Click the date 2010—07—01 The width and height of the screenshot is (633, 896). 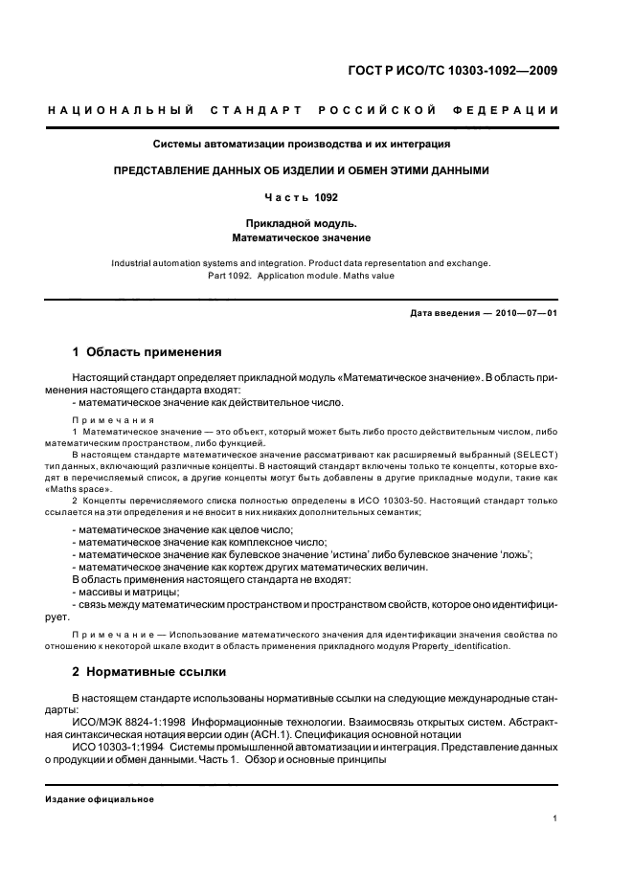(522, 313)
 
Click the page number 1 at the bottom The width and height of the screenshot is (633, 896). (555, 818)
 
